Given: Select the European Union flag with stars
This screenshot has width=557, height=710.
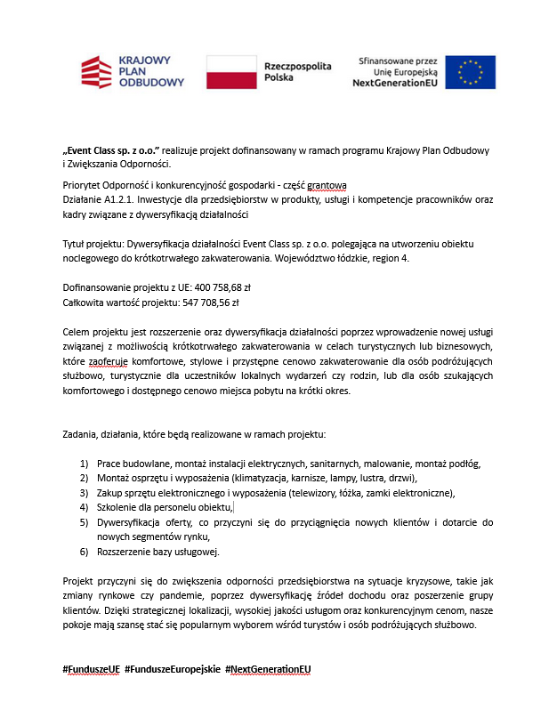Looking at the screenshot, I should [x=471, y=72].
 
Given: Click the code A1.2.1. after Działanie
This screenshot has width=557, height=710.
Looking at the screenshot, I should [x=124, y=200].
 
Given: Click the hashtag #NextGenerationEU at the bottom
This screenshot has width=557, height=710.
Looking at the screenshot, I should [x=270, y=668].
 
